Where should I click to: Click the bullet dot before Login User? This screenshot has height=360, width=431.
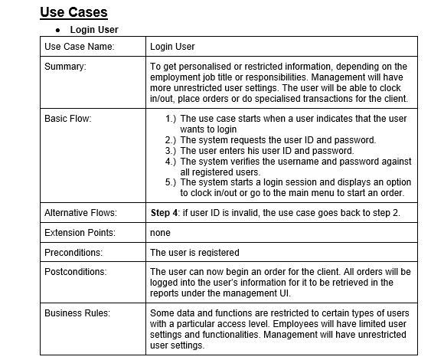coord(58,30)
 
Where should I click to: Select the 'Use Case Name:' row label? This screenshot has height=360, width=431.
coord(79,47)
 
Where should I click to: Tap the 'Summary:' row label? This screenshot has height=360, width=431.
coord(65,67)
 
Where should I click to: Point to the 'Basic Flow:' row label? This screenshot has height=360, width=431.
coord(69,119)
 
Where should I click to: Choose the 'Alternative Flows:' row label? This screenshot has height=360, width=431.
coord(81,211)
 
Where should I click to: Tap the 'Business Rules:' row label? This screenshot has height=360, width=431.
coord(77,313)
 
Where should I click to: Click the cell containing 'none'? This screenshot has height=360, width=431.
coord(160,232)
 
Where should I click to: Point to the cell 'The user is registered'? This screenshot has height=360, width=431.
coord(194,252)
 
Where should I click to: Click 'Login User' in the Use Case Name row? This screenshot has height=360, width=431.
coord(172,47)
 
